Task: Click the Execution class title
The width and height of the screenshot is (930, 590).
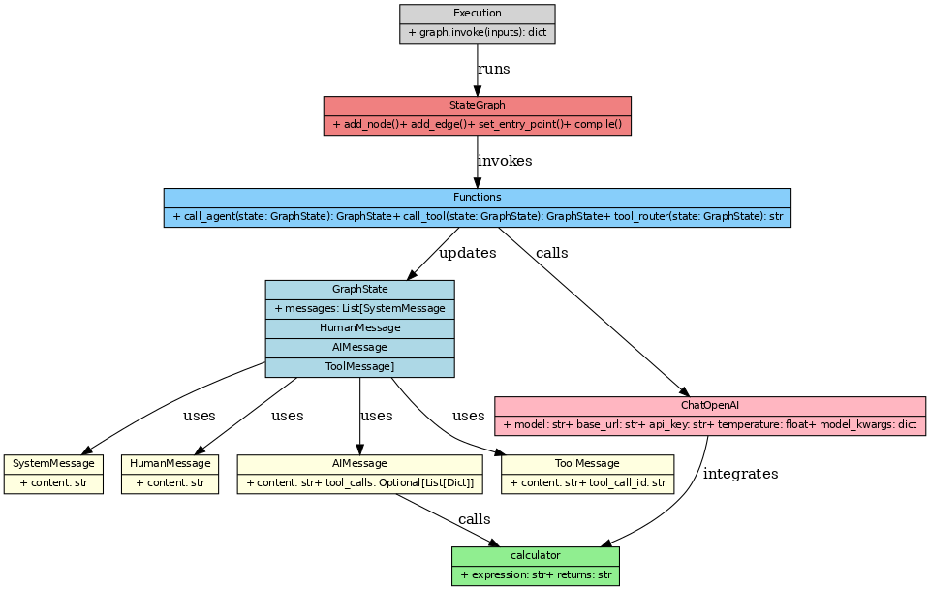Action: [477, 14]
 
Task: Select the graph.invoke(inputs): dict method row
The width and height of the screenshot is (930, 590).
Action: [477, 33]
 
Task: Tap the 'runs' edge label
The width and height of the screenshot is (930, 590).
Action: [493, 69]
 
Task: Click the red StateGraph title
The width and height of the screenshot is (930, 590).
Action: [477, 106]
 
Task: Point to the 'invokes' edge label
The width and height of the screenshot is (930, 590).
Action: [504, 161]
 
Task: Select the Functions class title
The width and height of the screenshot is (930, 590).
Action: [477, 198]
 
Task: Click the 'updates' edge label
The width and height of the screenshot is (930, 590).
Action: [467, 253]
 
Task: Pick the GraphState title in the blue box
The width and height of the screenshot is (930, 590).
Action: [359, 290]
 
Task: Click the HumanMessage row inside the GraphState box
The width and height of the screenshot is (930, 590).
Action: [359, 328]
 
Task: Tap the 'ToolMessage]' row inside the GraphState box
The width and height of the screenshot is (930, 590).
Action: [359, 367]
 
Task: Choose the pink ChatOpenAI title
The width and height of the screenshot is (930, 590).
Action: [709, 406]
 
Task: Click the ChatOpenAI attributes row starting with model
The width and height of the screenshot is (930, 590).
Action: [709, 425]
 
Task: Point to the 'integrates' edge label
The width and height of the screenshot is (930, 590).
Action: [740, 474]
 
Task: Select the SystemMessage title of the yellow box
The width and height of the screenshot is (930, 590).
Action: [53, 464]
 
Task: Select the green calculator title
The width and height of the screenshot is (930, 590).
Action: [535, 556]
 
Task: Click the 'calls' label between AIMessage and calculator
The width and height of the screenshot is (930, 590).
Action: [474, 520]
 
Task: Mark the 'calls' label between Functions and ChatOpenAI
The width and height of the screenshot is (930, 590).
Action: [551, 253]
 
